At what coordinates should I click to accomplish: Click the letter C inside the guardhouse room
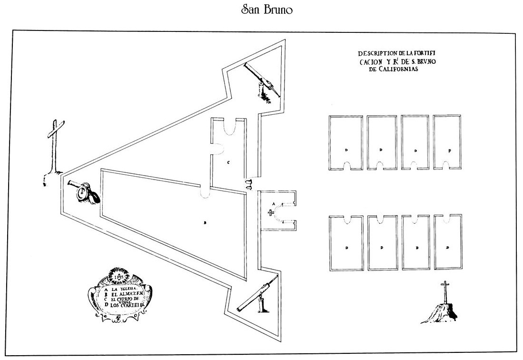coord(228,162)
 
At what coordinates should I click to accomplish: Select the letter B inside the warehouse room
coord(205,222)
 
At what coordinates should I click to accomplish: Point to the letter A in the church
coord(273,203)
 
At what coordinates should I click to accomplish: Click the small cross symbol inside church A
coord(272,213)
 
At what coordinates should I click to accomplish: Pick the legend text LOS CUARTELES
coord(127,305)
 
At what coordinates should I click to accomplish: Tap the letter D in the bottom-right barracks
coord(448,248)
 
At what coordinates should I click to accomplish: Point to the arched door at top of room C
coord(229,126)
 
